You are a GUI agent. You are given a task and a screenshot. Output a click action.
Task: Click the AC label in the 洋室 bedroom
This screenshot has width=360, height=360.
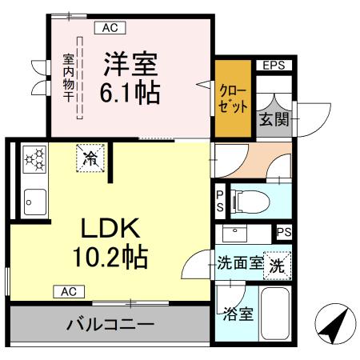coord(110,28)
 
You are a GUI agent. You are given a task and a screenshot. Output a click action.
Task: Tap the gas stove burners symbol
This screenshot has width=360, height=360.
coord(34,158)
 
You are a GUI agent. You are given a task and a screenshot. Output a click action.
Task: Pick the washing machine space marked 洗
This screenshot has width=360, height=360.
coord(276,264)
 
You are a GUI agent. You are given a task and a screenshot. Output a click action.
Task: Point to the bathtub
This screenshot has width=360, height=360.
coord(276,314)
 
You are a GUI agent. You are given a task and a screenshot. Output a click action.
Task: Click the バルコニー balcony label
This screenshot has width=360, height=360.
coord(110,326)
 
